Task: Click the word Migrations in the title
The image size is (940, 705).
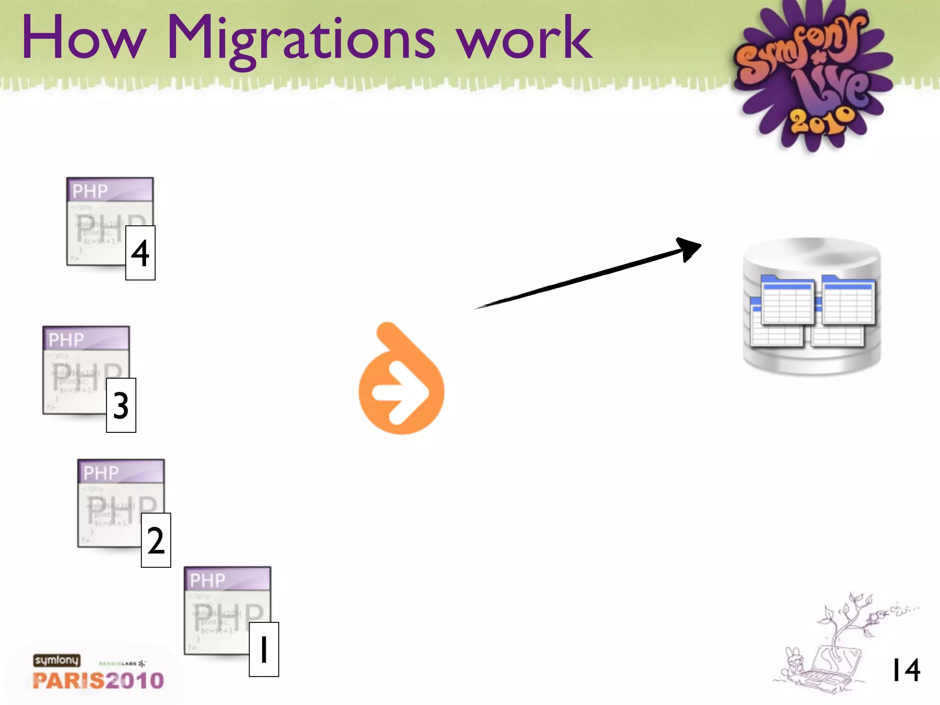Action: point(301,39)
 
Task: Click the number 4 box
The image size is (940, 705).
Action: point(140,253)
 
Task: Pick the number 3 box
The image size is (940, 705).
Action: point(121,405)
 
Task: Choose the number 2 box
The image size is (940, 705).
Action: point(156,540)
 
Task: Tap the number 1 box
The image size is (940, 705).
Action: point(264,649)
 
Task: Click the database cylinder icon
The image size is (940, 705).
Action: point(811,306)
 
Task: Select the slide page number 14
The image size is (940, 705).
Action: point(906,670)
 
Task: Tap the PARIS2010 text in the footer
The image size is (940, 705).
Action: point(98,681)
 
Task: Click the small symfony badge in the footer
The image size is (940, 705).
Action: point(56,660)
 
